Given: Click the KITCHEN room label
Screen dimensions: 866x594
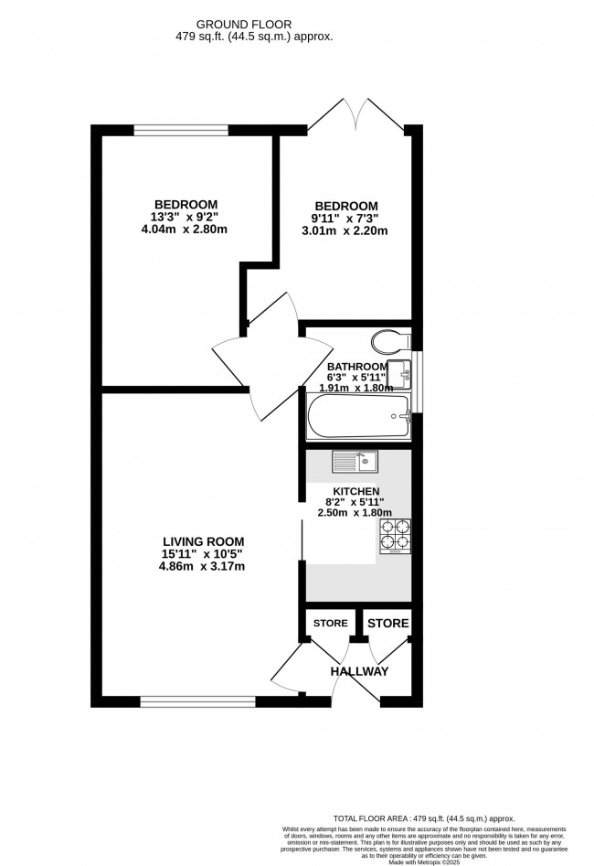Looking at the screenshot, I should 355,491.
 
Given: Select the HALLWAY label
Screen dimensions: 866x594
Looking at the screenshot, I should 360,672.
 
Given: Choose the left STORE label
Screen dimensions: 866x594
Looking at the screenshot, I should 330,624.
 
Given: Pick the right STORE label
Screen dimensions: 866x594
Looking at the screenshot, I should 387,624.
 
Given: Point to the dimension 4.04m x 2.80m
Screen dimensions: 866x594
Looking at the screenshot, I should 185,230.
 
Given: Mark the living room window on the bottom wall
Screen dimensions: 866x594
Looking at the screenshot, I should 197,701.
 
